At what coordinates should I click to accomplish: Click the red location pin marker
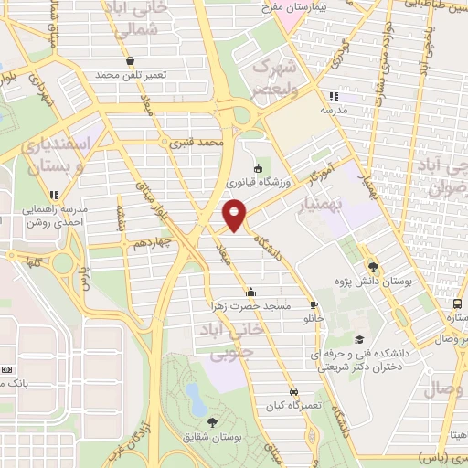coord(235,215)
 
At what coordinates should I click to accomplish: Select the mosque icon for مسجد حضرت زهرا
coord(250,291)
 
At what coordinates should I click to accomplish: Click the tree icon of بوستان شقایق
coord(213,421)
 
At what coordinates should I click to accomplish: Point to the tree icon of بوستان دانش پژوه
coord(373,267)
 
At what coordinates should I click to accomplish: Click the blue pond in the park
coord(194,395)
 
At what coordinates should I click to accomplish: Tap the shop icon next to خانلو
coord(315,305)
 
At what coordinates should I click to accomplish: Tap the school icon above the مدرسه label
coord(334,95)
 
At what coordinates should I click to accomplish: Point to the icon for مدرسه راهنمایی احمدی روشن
coord(55,194)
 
